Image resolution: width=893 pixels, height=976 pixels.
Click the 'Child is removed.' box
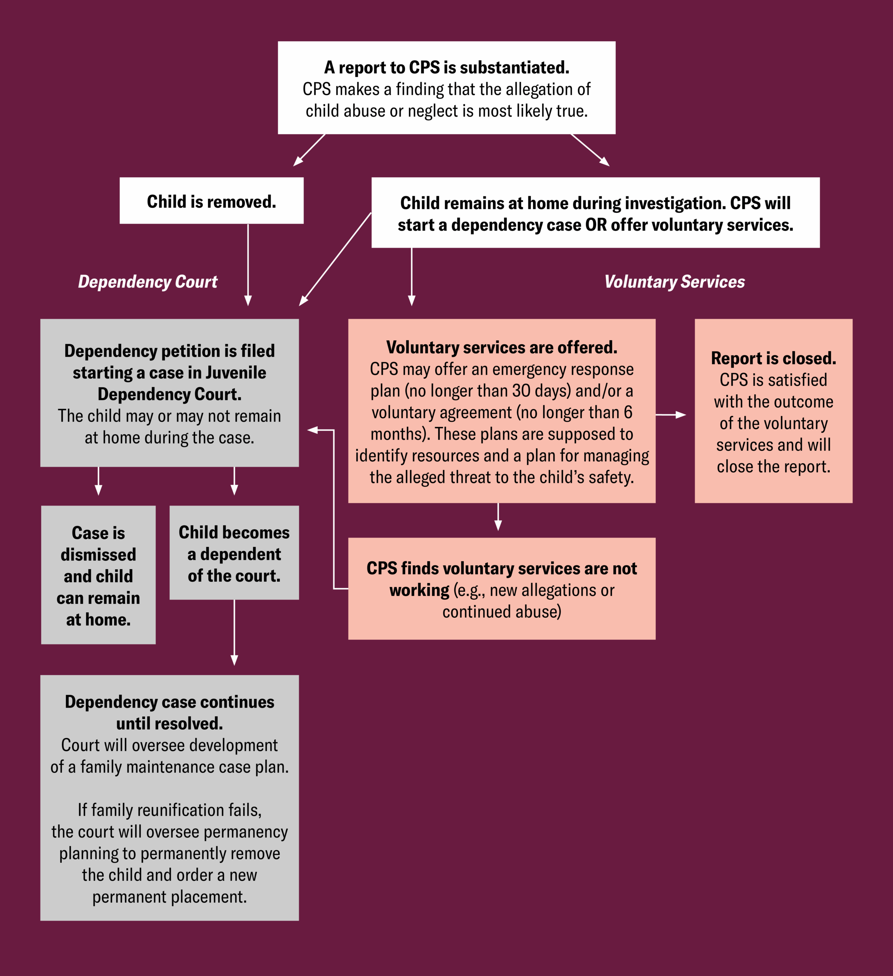[x=212, y=201]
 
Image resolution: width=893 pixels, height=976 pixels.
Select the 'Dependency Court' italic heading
[x=148, y=282]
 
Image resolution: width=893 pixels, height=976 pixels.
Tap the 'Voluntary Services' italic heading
[x=674, y=282]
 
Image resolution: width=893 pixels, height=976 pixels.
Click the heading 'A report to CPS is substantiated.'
[x=446, y=67]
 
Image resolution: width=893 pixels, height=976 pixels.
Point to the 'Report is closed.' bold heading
[x=773, y=358]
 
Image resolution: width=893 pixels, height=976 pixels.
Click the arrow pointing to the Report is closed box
[x=671, y=415]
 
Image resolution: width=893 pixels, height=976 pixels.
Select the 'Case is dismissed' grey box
[x=98, y=575]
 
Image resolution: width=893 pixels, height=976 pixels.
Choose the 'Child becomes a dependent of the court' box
[x=234, y=553]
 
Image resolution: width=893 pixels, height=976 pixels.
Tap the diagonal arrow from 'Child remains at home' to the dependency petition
[x=335, y=259]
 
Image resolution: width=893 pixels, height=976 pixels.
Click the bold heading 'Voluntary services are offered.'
[x=502, y=347]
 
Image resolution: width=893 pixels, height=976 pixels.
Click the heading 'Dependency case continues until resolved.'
[x=169, y=713]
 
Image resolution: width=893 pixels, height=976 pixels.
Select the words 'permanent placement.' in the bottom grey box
[x=169, y=897]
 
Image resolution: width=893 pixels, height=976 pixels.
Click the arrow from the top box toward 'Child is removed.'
[x=309, y=150]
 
